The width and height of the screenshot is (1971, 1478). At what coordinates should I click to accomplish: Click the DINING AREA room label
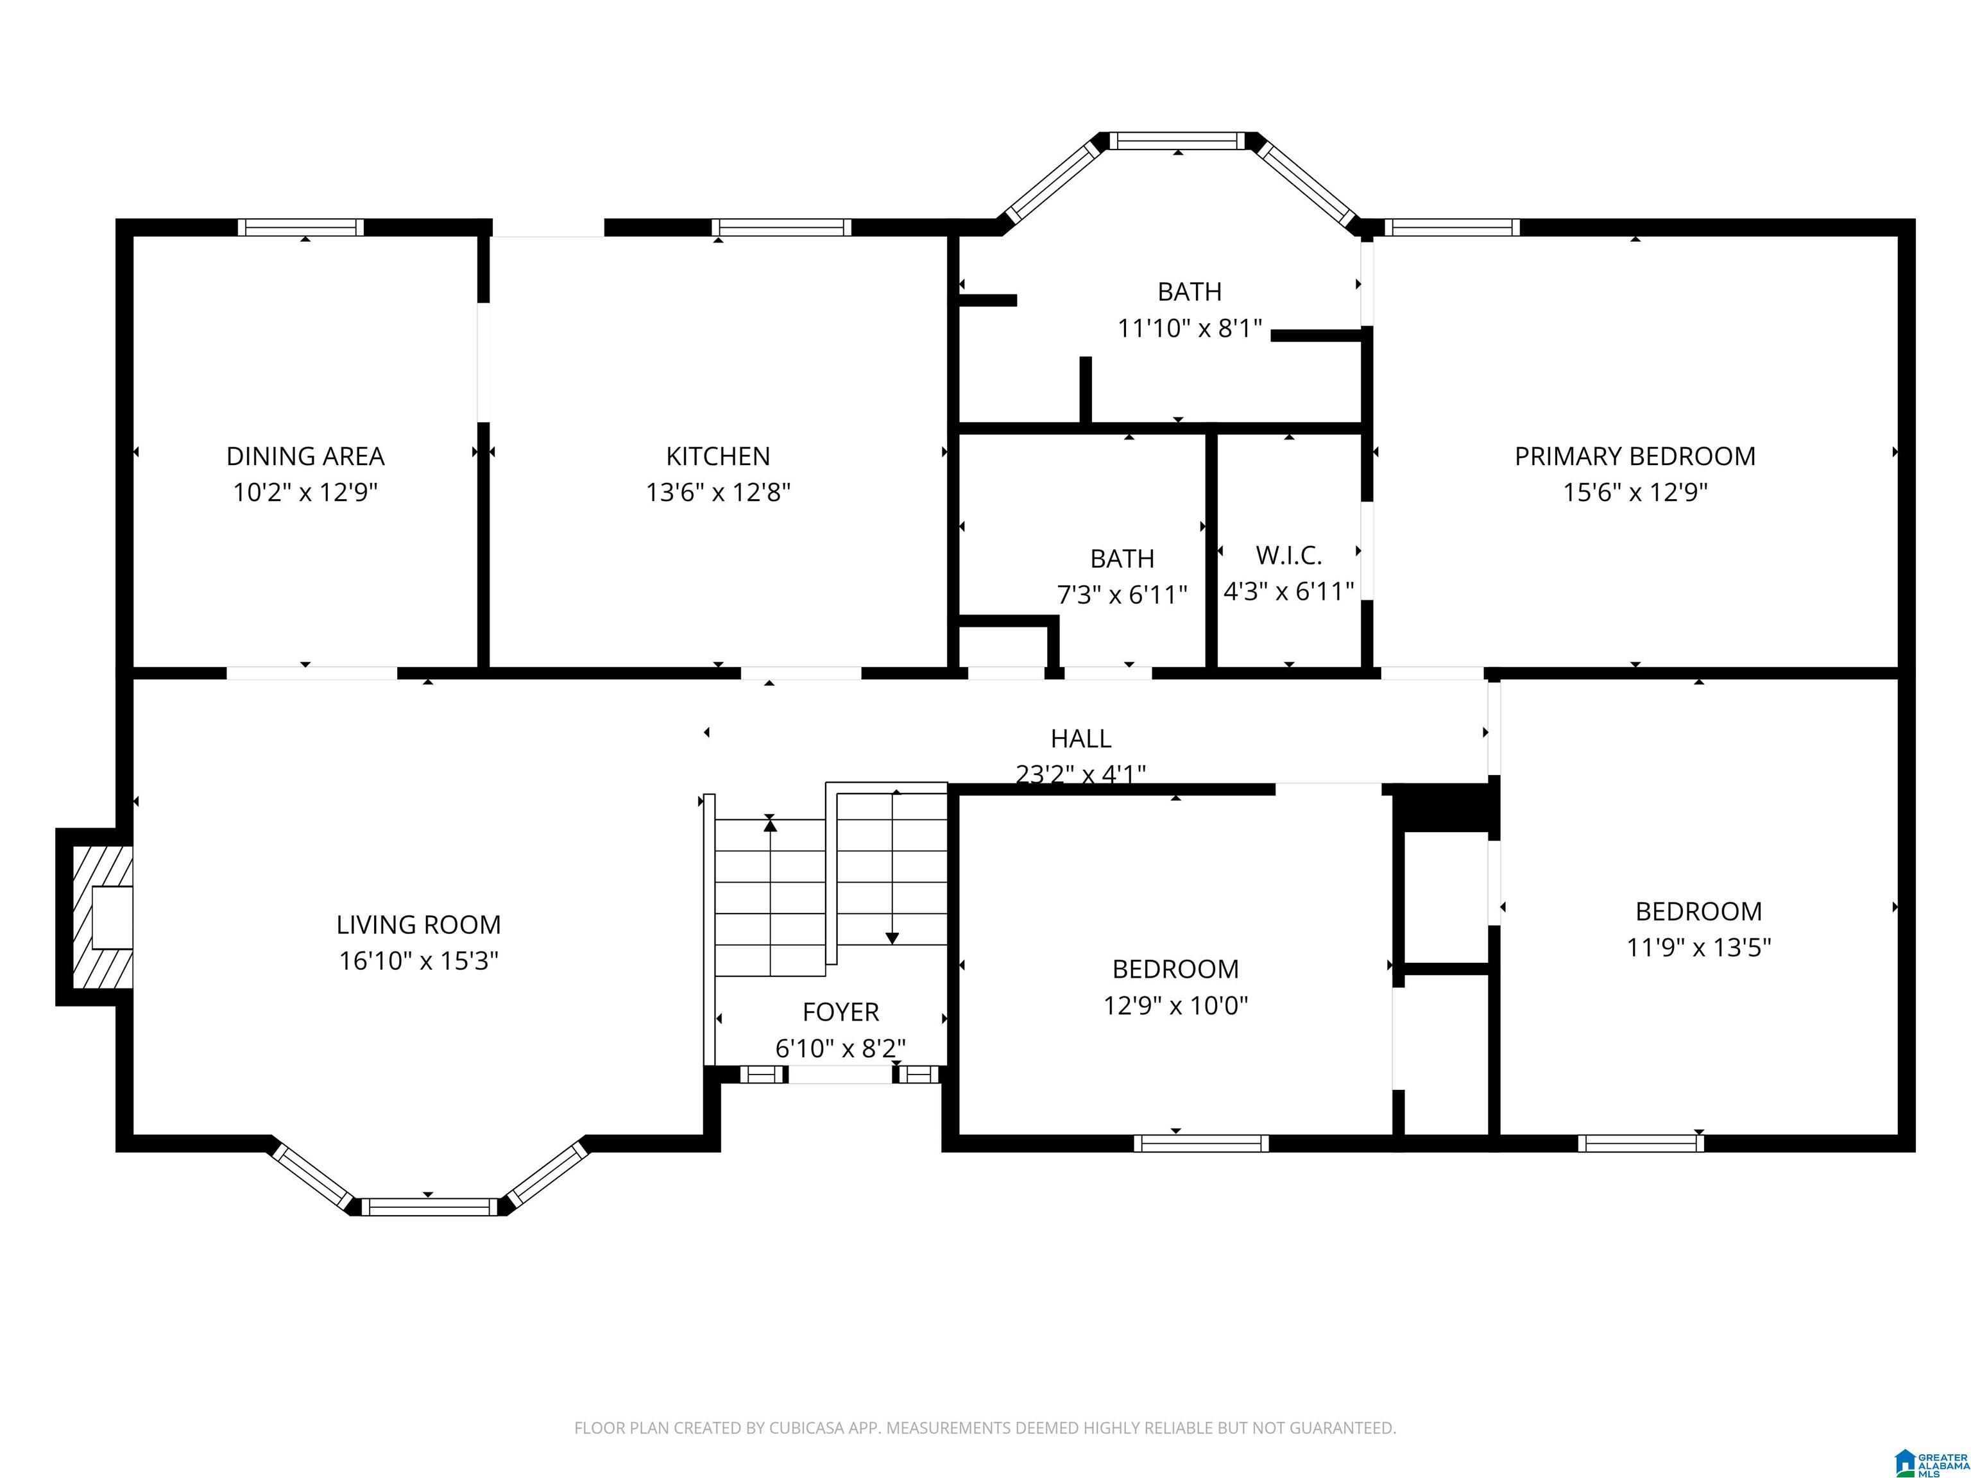click(305, 456)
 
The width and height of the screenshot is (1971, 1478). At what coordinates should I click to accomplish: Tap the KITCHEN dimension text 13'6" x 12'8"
click(718, 492)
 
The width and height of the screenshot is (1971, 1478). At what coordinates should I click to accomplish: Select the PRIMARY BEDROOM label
click(1634, 456)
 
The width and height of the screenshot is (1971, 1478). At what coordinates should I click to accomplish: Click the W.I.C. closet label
click(1288, 555)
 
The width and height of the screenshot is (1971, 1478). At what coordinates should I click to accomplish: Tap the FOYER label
click(840, 1012)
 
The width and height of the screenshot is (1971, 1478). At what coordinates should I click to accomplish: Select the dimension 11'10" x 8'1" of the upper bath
click(1190, 328)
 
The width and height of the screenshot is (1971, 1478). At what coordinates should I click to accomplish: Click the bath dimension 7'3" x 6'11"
click(1122, 594)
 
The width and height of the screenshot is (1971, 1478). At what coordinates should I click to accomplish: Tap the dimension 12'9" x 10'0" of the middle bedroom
click(1175, 1006)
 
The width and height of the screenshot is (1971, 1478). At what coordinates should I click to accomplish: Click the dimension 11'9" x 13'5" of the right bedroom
click(1698, 947)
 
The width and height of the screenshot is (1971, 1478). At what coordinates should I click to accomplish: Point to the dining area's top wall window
click(300, 227)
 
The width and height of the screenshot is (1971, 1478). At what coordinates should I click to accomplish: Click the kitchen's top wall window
click(781, 227)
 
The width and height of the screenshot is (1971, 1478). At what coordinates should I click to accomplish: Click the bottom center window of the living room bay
click(429, 1207)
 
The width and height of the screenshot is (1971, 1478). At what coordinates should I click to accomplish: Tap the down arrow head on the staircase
click(892, 938)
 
